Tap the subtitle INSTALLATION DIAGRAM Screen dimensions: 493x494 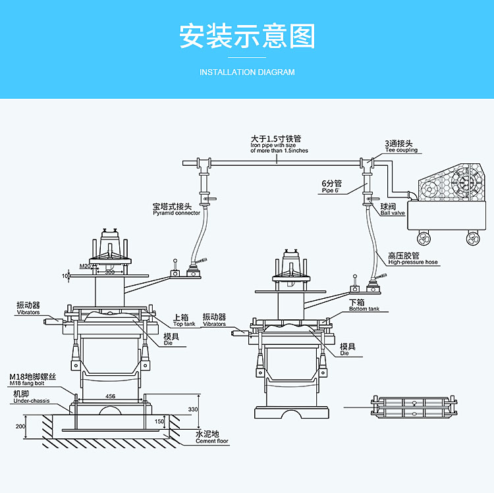[247, 72]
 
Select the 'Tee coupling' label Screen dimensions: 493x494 [401, 150]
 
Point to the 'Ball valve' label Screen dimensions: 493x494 [392, 213]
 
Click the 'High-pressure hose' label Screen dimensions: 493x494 [413, 262]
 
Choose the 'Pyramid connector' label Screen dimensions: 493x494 [177, 213]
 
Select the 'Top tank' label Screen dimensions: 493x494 [184, 324]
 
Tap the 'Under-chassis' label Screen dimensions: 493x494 [31, 400]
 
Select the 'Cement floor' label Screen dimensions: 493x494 [212, 441]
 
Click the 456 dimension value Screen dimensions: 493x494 [111, 396]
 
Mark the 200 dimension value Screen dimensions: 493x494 [20, 427]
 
